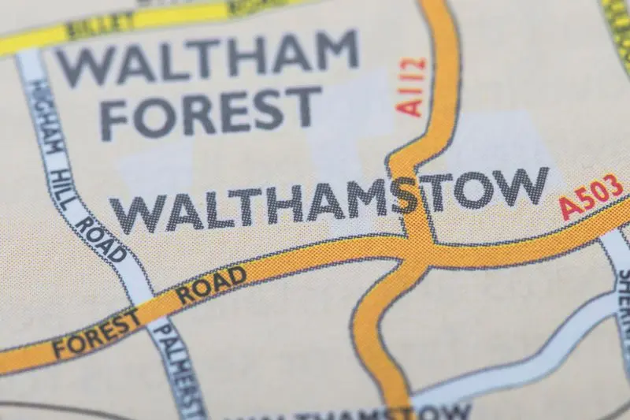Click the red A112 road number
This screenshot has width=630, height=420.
pyautogui.click(x=413, y=87)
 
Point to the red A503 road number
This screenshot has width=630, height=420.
pyautogui.click(x=591, y=196)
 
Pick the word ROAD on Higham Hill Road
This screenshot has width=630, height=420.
pyautogui.click(x=102, y=240)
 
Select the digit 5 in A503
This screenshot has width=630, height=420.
pyautogui.click(x=587, y=199)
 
